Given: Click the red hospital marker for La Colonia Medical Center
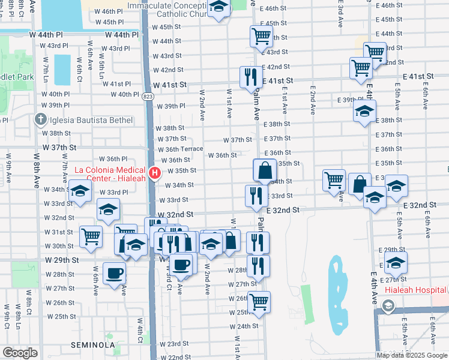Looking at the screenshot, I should coord(155,174).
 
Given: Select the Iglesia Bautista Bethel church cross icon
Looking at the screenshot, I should coord(40,119).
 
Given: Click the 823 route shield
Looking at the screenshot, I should coord(148,96).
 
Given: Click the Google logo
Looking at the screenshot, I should coord(19,353).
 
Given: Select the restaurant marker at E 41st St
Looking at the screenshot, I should coord(251,77).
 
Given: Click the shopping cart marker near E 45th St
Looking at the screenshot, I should coord(262,36).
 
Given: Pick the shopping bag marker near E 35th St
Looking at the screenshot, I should coord(265,170).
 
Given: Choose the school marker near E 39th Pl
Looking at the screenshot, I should coord(363,112).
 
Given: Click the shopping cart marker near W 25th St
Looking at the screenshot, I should coord(259,302).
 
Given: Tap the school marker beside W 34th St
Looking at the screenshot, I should coord(80,191).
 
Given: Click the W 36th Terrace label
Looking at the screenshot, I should coord(181,149).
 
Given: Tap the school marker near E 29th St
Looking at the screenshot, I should coord(396,262).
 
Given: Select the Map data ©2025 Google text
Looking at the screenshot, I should coord(411,355).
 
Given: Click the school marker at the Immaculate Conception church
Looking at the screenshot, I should coord(219,8).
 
